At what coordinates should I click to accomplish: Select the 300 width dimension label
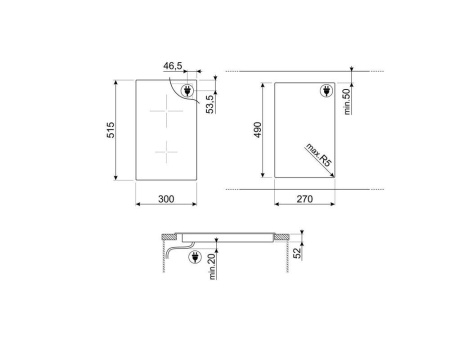pyautogui.click(x=166, y=200)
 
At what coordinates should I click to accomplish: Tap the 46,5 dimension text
pyautogui.click(x=172, y=66)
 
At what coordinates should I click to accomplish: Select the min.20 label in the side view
pyautogui.click(x=210, y=267)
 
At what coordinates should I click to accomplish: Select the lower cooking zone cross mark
pyautogui.click(x=161, y=151)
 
